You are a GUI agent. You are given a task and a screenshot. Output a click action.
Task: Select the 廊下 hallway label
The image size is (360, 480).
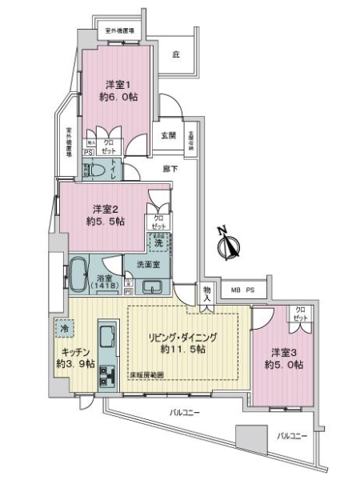pos(170,169)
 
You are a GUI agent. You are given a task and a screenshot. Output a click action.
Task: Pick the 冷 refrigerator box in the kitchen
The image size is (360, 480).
pos(62,327)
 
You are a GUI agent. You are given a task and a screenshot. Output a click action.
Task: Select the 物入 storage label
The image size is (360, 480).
pos(208,293)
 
